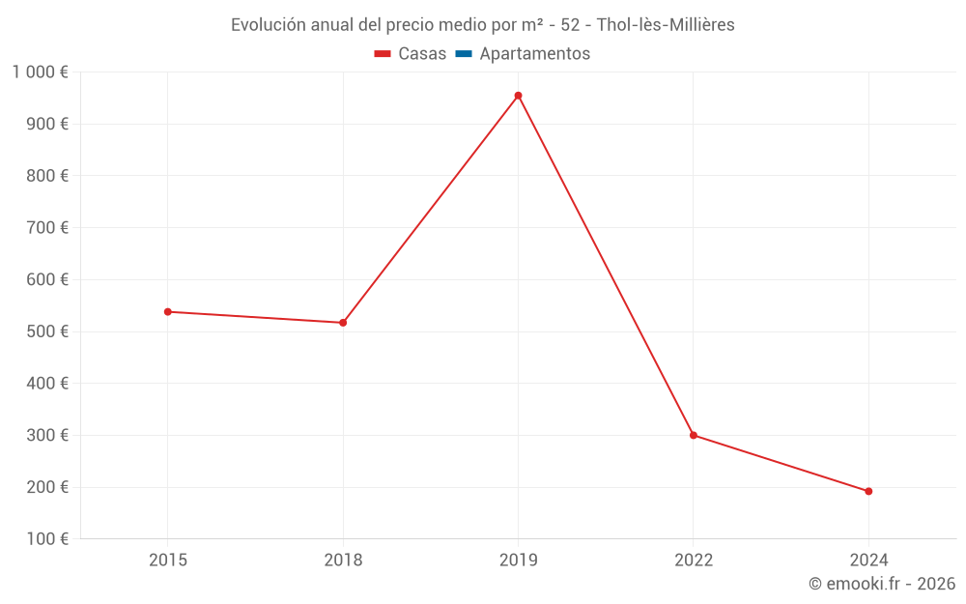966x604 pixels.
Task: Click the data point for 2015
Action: [168, 312]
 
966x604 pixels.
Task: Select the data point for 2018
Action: [343, 323]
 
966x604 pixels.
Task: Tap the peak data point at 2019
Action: [518, 96]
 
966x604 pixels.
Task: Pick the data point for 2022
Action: [694, 435]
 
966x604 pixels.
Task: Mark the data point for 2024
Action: [868, 491]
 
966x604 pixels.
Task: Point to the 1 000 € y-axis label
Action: [40, 72]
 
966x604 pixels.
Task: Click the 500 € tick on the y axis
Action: [49, 331]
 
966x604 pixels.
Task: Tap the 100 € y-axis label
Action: [49, 539]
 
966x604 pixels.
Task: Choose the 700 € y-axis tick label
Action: [49, 228]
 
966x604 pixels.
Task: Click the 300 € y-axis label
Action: [49, 436]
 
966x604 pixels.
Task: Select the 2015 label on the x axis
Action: [168, 561]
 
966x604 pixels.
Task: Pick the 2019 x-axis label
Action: [518, 561]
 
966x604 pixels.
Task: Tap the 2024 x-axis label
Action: [868, 561]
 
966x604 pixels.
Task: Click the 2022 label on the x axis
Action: [694, 561]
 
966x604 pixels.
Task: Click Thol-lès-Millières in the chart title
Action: [666, 25]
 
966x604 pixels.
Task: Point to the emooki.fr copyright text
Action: [882, 584]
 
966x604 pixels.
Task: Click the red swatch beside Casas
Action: [383, 54]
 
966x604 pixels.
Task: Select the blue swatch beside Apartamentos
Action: [463, 54]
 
